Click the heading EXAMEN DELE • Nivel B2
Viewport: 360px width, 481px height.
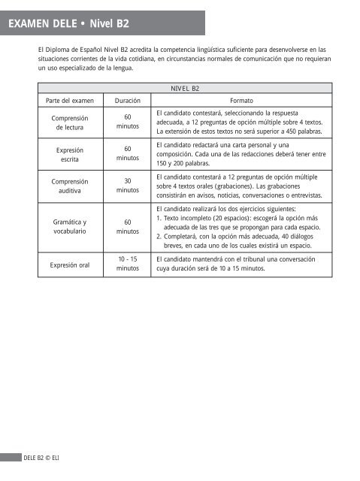[68, 23]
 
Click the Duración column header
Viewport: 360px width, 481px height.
[128, 100]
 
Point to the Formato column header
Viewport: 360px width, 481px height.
[241, 100]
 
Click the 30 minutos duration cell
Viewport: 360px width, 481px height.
[128, 186]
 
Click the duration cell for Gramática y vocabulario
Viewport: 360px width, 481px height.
[128, 227]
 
